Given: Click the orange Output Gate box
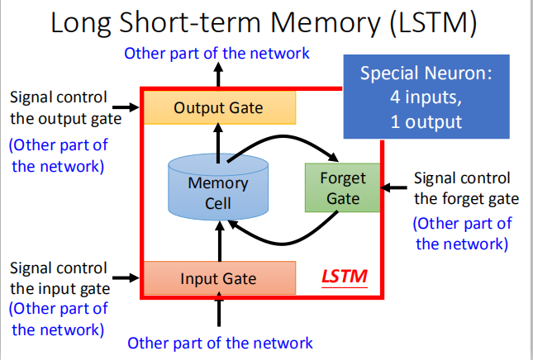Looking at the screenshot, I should point(219,107).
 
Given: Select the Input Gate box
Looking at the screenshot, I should point(219,277).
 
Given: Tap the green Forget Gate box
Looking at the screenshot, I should point(343,188).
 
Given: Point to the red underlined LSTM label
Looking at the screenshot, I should point(345,273).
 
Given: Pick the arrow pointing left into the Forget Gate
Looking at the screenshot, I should point(395,188).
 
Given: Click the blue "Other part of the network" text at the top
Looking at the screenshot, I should point(217,54).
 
